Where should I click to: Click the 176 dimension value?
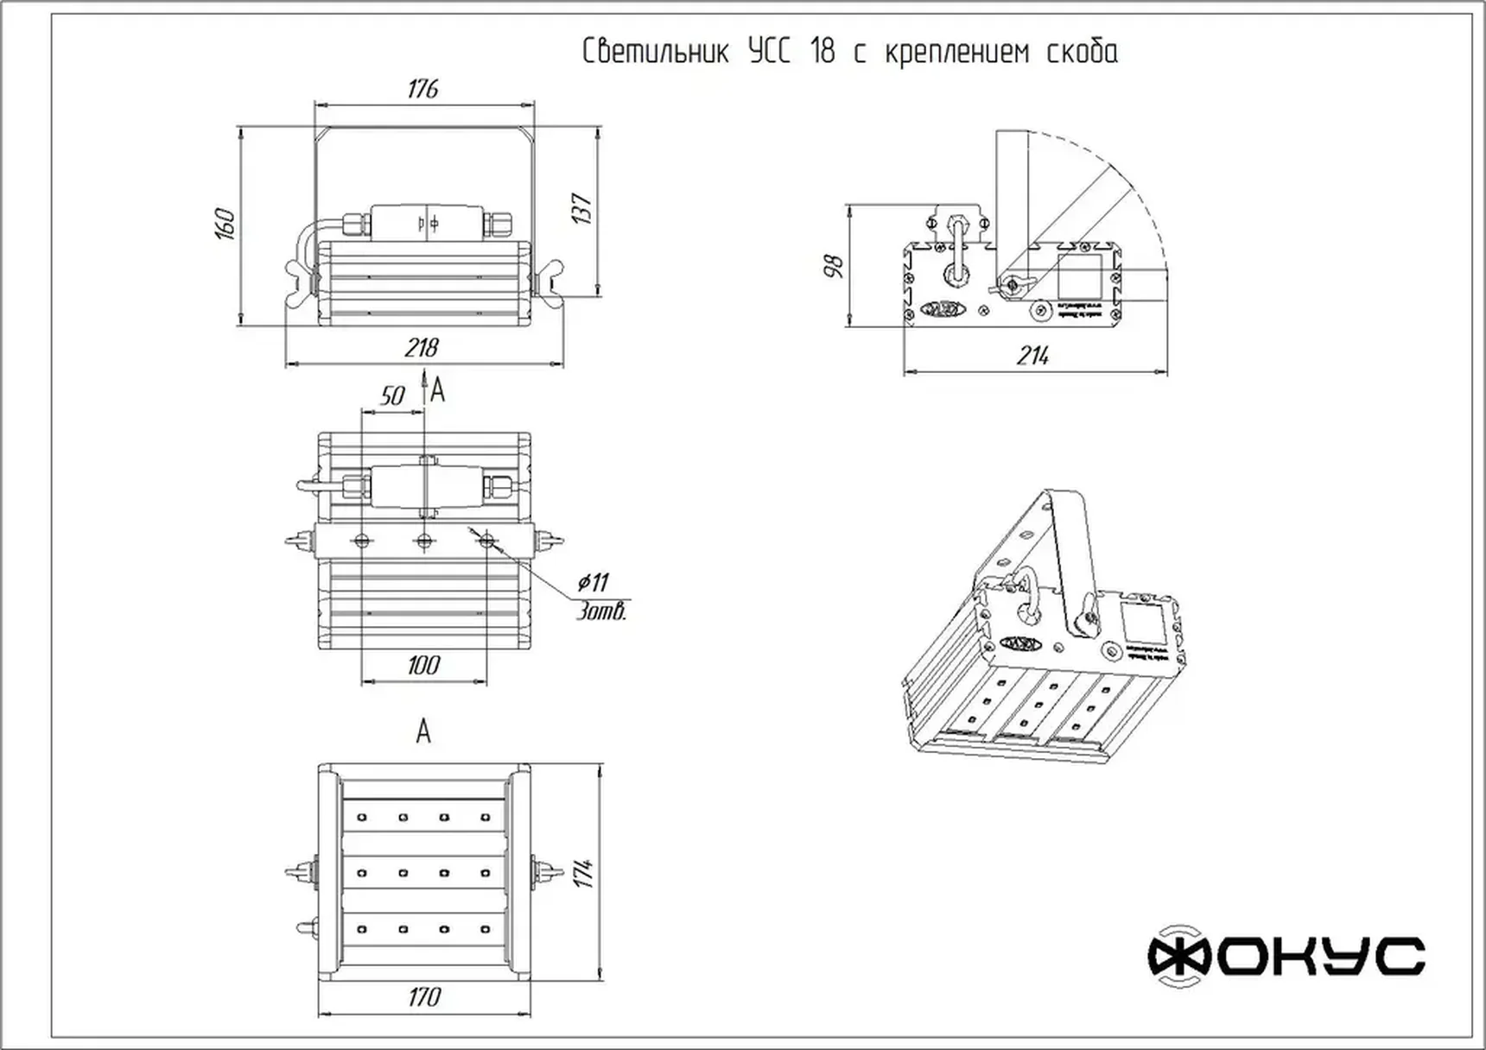[422, 89]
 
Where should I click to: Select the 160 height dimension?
[225, 224]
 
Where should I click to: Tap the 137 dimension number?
[582, 209]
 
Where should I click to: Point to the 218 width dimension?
[422, 347]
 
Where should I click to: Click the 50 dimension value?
[392, 395]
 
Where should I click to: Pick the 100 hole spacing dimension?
[423, 665]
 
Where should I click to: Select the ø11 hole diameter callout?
[594, 582]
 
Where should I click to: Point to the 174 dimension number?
[584, 873]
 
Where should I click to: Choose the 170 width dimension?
[424, 997]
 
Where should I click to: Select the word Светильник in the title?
[654, 52]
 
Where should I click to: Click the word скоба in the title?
[1082, 52]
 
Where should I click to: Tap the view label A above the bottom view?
[423, 732]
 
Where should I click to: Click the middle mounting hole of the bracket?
[424, 541]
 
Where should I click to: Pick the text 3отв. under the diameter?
[602, 612]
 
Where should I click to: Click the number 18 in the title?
[822, 52]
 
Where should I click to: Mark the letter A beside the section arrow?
[438, 391]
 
